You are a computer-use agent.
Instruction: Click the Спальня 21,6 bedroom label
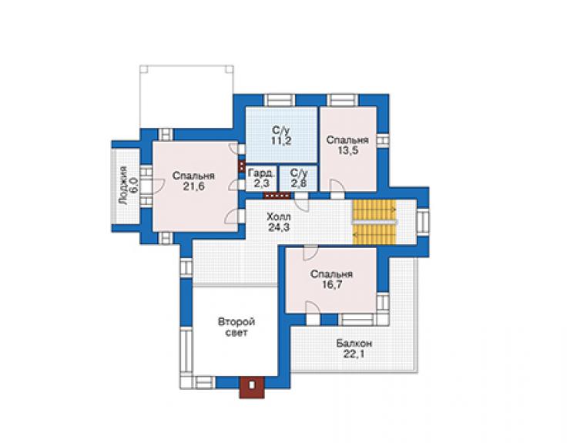coord(193,181)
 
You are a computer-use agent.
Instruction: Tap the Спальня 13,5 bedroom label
coord(347,145)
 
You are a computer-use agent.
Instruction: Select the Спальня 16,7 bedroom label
coord(331,280)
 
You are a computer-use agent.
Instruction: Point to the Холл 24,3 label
coord(279,222)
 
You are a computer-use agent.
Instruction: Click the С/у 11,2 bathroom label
coord(281,136)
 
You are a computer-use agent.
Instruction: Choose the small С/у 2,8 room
coord(299,178)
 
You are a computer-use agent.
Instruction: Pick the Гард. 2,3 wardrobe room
coord(261,178)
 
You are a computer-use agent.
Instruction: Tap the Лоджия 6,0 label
coord(129,186)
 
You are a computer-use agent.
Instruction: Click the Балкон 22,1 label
coord(354,349)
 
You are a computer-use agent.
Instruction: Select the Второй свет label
coord(236,327)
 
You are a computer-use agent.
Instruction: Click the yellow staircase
coord(374,222)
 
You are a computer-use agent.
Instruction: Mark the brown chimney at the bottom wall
coord(252,388)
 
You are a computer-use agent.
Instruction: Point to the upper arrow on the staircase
coord(394,210)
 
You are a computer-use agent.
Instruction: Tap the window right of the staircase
coord(423,222)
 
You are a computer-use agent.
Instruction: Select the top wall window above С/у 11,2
coord(279,100)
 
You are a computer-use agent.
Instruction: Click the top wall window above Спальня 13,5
coord(343,100)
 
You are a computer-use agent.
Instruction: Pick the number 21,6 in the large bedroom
coord(194,186)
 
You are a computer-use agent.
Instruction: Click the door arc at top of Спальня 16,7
coord(310,253)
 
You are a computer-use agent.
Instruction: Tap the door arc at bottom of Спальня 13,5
coord(337,185)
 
